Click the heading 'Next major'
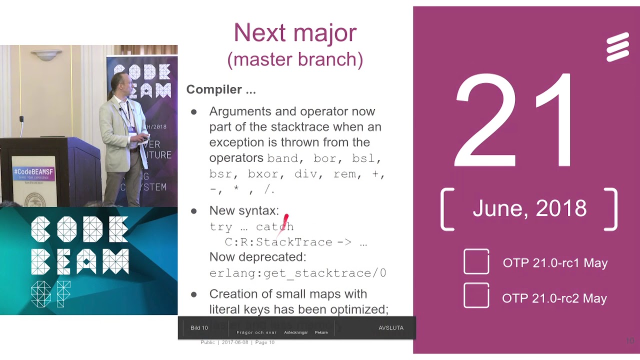coord(295,33)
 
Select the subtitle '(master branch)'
coord(295,59)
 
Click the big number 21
coord(515,121)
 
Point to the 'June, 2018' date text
coord(529,208)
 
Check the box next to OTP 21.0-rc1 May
coord(476,261)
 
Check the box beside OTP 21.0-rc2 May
coord(476,295)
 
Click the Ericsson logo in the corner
coord(617,47)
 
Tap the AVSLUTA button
coord(391,328)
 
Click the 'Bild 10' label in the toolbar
coord(199,328)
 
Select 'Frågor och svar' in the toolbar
coord(256,332)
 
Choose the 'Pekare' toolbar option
coord(321,332)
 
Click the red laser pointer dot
coord(286,219)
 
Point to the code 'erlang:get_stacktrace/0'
coord(298,273)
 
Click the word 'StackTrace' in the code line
coord(294,242)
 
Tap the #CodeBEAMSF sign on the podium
coord(33,172)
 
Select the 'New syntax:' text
coord(244,211)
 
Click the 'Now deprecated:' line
coord(257,257)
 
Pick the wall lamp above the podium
coord(46,54)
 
